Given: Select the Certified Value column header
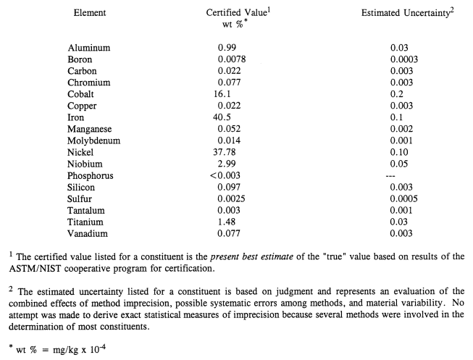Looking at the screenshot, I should (235, 12).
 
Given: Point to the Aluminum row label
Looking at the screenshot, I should (90, 48).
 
